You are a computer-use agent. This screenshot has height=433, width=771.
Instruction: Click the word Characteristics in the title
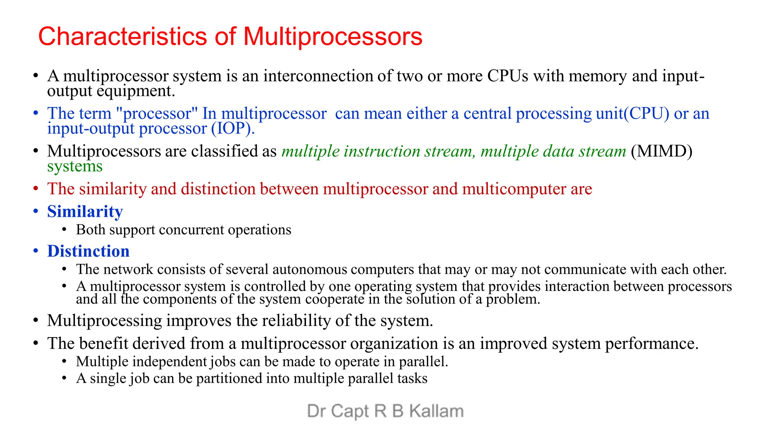[x=122, y=36]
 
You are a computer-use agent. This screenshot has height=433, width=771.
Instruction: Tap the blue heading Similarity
[x=85, y=212]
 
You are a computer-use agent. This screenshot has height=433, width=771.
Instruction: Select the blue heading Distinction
[x=88, y=251]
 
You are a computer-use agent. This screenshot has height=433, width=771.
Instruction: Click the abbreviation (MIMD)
[x=661, y=151]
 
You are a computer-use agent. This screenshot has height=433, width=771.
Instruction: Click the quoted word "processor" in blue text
[x=157, y=114]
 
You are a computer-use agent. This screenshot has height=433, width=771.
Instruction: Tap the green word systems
[x=75, y=166]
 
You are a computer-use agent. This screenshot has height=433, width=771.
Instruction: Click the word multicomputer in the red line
[x=514, y=189]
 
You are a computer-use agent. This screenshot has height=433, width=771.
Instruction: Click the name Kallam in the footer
[x=436, y=411]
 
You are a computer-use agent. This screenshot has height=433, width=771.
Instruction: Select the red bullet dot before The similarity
[x=36, y=189]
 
